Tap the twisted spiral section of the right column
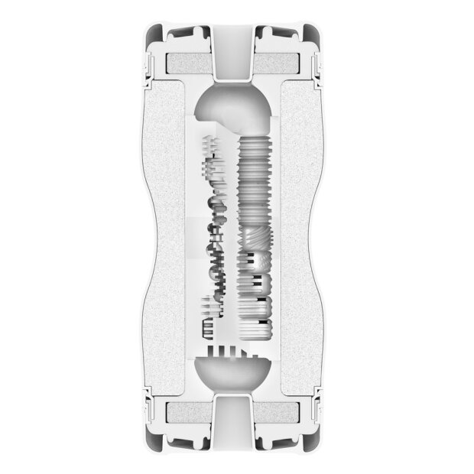point(255,245)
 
